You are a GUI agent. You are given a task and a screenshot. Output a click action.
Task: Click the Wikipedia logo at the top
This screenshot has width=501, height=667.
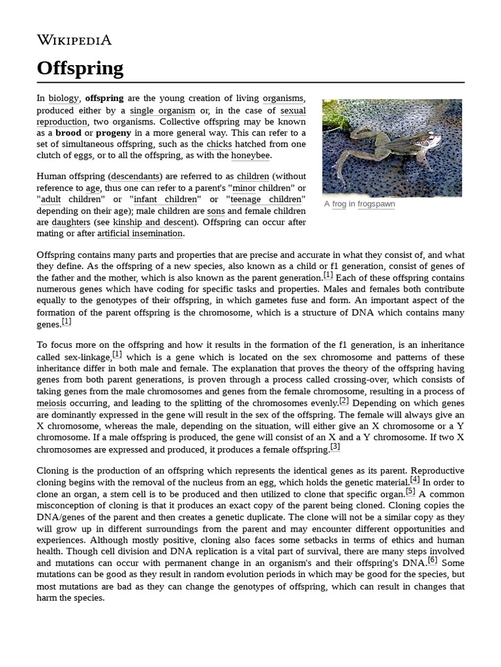pos(74,40)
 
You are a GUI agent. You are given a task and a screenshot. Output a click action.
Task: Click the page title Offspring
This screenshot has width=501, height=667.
pos(80,68)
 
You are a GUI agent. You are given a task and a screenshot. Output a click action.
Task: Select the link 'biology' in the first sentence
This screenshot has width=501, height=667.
pos(63,98)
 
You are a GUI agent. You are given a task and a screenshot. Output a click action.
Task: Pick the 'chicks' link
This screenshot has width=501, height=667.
pos(219,144)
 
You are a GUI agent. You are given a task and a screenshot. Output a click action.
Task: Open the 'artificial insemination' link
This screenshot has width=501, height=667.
pos(140,233)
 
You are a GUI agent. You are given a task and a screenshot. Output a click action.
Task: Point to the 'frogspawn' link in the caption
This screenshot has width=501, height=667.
pos(376,204)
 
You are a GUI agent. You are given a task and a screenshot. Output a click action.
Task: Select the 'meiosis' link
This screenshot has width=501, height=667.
pos(52,403)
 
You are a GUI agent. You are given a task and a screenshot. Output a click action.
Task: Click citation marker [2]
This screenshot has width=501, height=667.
pos(344,401)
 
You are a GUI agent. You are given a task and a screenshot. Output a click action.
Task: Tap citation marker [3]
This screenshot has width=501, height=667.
pos(335,446)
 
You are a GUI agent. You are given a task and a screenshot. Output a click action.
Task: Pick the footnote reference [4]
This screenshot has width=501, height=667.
pos(415,480)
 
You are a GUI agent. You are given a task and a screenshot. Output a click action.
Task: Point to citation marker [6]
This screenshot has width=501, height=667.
pos(433,560)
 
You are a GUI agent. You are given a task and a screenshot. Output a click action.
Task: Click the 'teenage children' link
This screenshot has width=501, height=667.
pos(266,199)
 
